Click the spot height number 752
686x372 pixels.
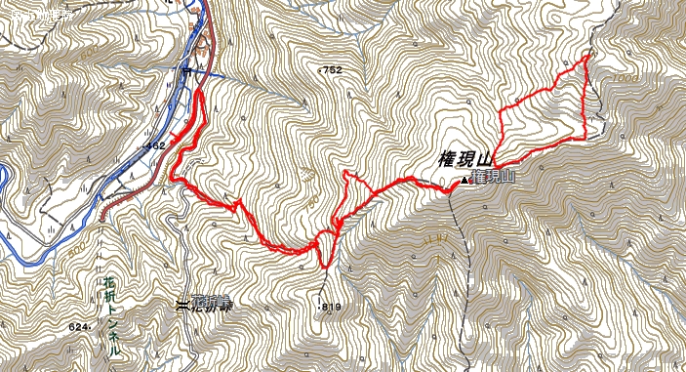(332, 69)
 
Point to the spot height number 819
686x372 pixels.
(332, 307)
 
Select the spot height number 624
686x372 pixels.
(80, 326)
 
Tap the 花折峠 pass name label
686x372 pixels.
(214, 305)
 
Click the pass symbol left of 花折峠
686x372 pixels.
(182, 305)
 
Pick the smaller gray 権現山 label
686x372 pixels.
(495, 177)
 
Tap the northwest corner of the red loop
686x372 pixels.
(501, 111)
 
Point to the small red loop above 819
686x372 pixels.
(323, 244)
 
